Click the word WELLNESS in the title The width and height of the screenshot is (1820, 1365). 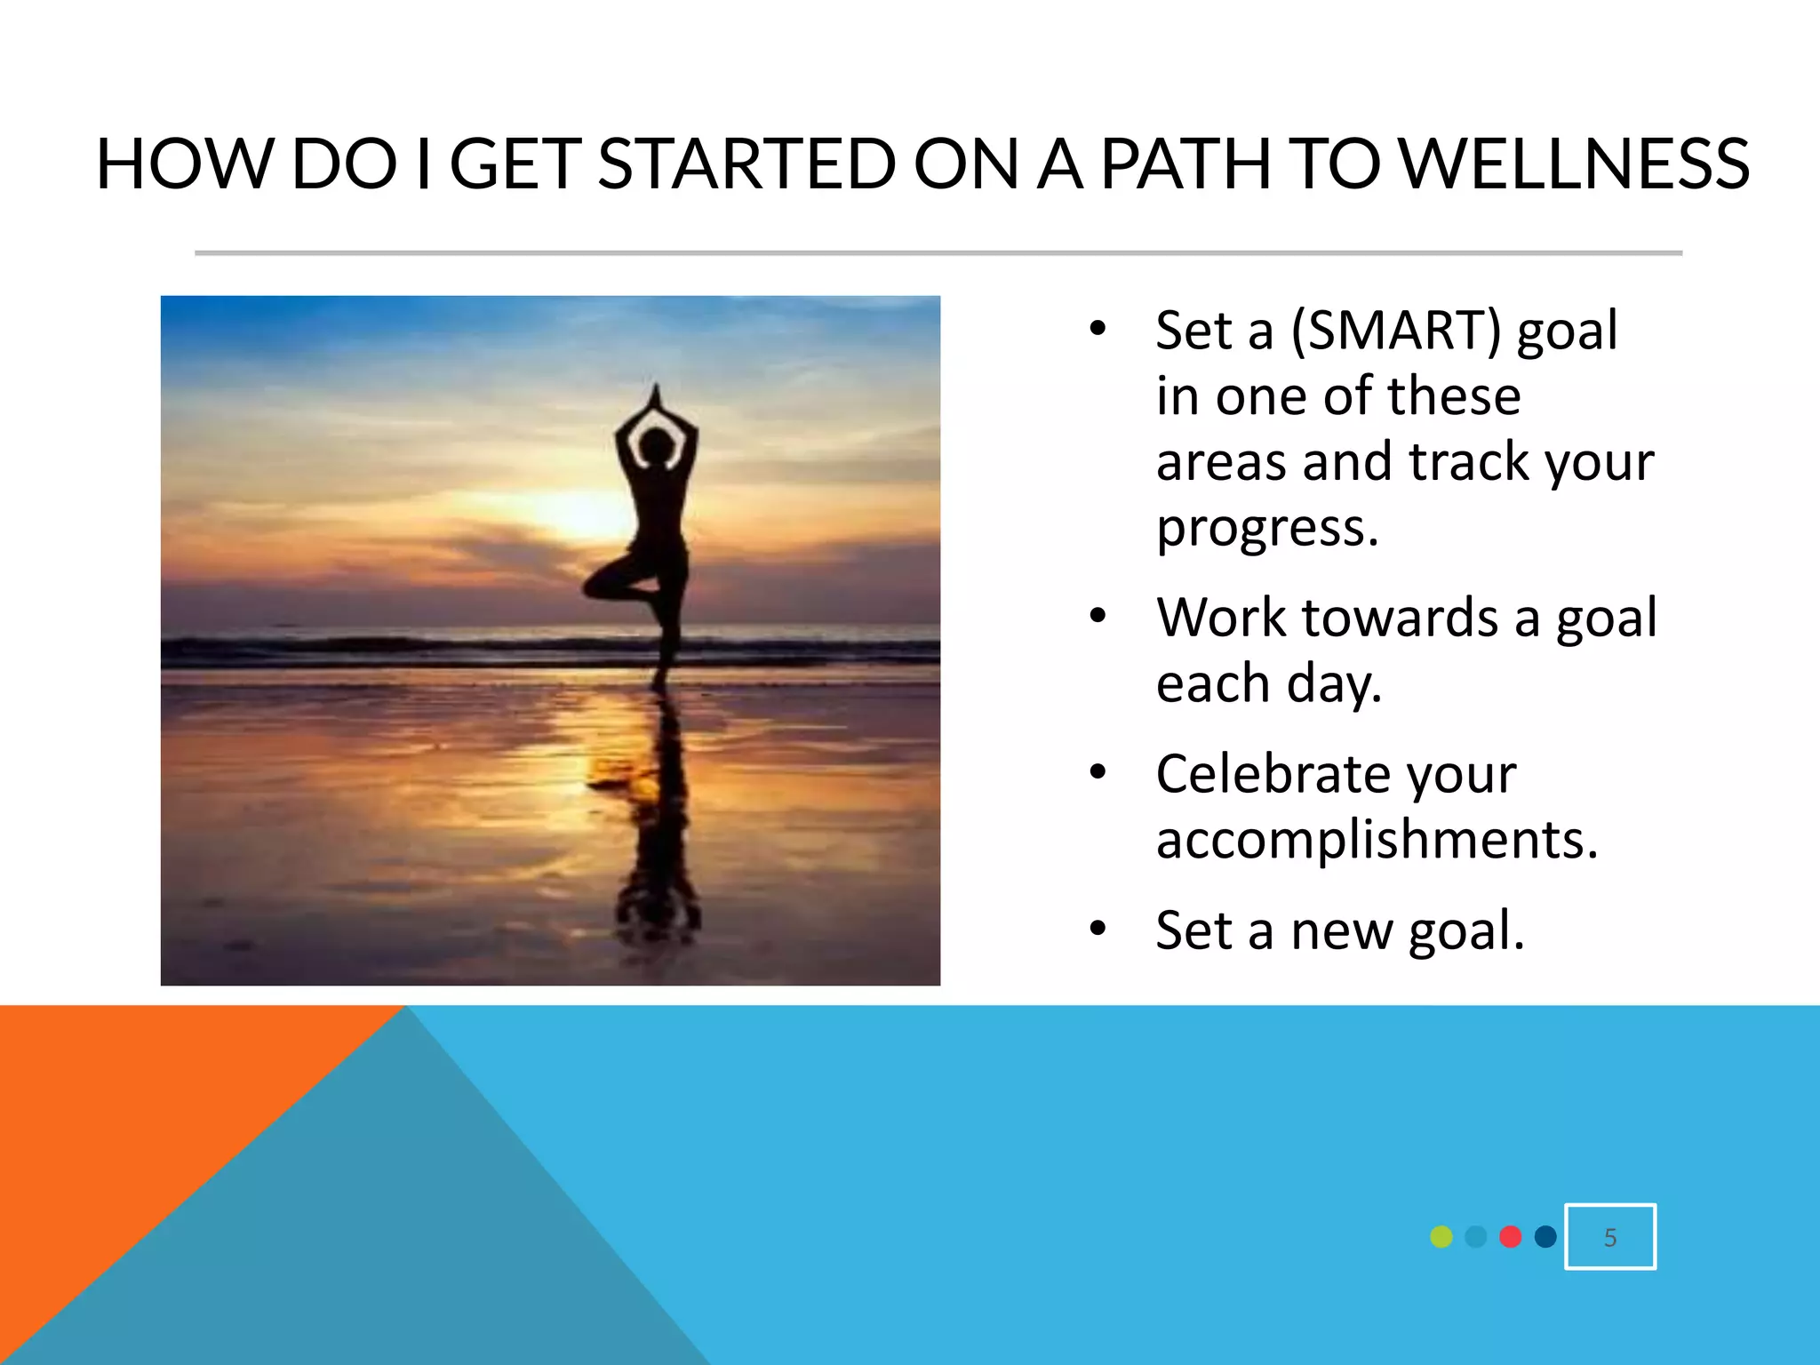tap(1573, 164)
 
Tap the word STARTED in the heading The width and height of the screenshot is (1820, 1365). tap(746, 164)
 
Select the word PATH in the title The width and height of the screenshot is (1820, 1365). tap(1183, 164)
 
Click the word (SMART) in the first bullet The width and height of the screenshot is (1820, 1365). tap(1395, 331)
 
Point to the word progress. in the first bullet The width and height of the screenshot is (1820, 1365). tap(1267, 528)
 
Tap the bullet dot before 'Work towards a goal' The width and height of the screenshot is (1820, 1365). tap(1098, 617)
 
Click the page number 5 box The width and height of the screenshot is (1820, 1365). tap(1609, 1236)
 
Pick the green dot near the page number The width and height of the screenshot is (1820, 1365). tap(1441, 1236)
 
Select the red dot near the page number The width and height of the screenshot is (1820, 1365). tap(1510, 1236)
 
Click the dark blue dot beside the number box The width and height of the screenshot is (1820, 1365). tap(1545, 1236)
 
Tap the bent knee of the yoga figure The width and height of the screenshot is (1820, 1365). tap(592, 586)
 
